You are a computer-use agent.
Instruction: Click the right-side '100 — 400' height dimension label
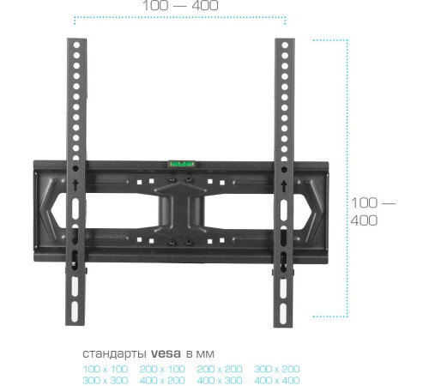(373, 212)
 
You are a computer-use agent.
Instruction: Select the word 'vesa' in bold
(164, 353)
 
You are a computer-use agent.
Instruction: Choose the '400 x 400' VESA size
(276, 379)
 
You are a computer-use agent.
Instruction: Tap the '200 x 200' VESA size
(219, 368)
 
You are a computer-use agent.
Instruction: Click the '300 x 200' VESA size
(276, 368)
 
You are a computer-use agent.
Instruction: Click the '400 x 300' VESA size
(219, 379)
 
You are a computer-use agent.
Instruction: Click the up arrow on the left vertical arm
(76, 184)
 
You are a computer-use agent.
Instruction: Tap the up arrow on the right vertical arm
(283, 184)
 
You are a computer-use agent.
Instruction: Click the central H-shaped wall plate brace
(180, 206)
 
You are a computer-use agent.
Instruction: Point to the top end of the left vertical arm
(76, 43)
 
